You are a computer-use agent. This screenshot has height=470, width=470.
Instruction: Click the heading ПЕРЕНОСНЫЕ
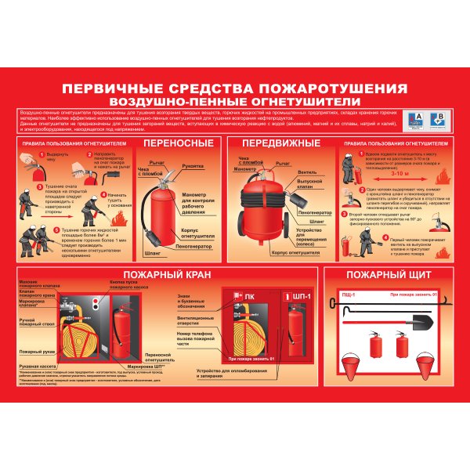click(x=178, y=143)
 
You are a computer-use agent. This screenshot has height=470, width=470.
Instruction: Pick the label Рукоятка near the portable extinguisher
click(x=193, y=165)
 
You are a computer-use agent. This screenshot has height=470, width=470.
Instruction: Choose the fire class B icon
click(x=438, y=119)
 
